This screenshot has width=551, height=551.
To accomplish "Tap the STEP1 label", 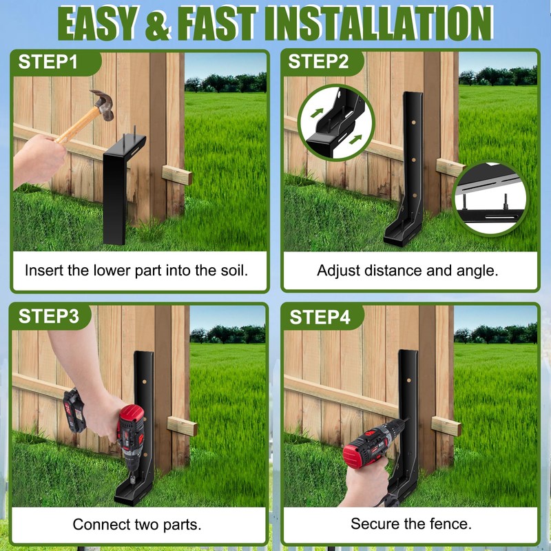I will [48, 61].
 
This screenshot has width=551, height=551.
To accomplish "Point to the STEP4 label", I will [319, 317].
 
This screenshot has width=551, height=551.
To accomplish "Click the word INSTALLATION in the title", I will [379, 23].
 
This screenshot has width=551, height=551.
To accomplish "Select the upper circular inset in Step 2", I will [336, 122].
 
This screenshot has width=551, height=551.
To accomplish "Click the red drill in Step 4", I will [372, 448].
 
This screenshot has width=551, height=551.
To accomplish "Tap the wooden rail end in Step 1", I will [178, 174].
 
